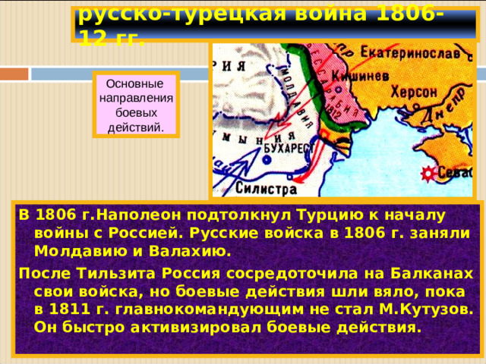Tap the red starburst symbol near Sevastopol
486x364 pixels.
(428, 174)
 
